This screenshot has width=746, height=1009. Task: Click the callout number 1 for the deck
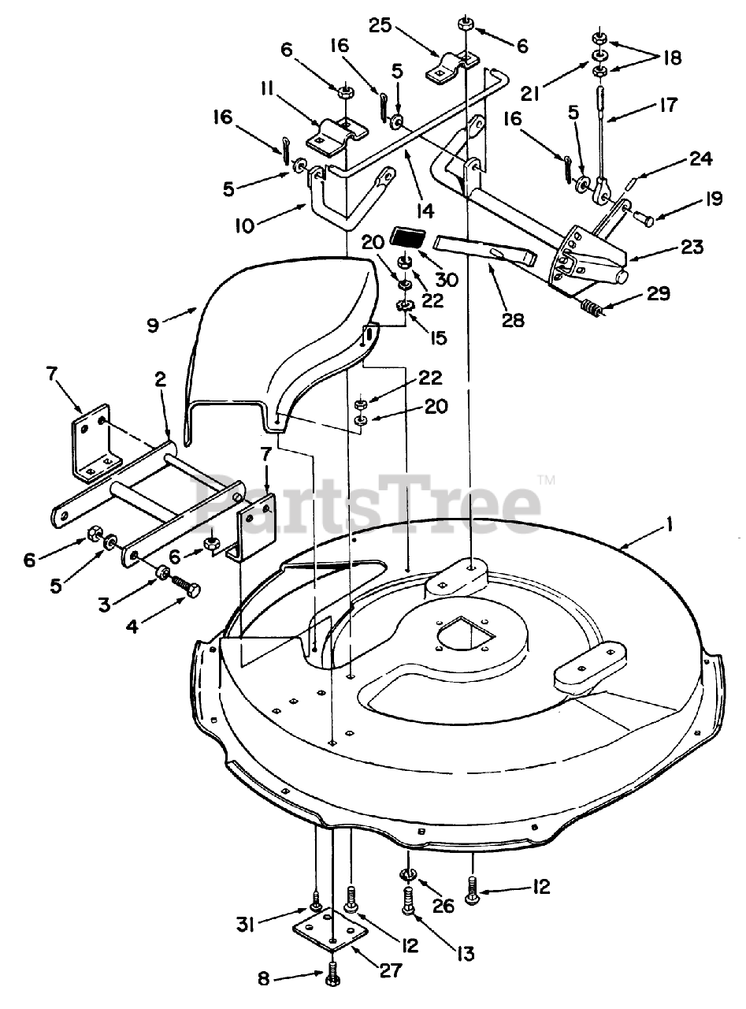(670, 526)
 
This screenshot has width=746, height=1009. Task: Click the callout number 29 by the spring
(659, 294)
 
